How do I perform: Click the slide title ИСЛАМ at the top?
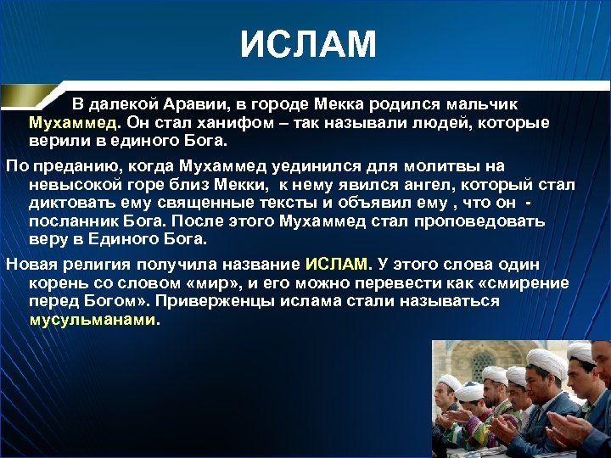[307, 44]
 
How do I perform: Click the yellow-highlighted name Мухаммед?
[74, 122]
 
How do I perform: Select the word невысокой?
[71, 185]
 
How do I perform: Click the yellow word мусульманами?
[93, 321]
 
